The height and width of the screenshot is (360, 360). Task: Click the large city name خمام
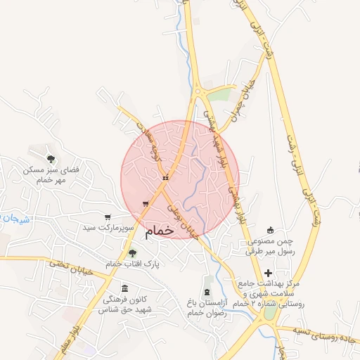tap(161, 231)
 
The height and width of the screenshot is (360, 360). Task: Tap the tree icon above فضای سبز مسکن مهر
tap(50, 159)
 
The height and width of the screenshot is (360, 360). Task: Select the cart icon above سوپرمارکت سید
tap(107, 217)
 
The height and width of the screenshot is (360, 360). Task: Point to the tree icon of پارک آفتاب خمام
tap(133, 253)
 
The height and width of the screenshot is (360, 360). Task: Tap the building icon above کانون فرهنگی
tap(124, 288)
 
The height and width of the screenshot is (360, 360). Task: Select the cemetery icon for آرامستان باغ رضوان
tap(207, 291)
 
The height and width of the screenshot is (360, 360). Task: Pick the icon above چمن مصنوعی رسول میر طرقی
tap(271, 230)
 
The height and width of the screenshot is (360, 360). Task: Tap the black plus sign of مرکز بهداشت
tap(267, 273)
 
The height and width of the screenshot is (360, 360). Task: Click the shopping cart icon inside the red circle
tap(146, 204)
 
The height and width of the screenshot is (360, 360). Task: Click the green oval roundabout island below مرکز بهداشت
tap(269, 314)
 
